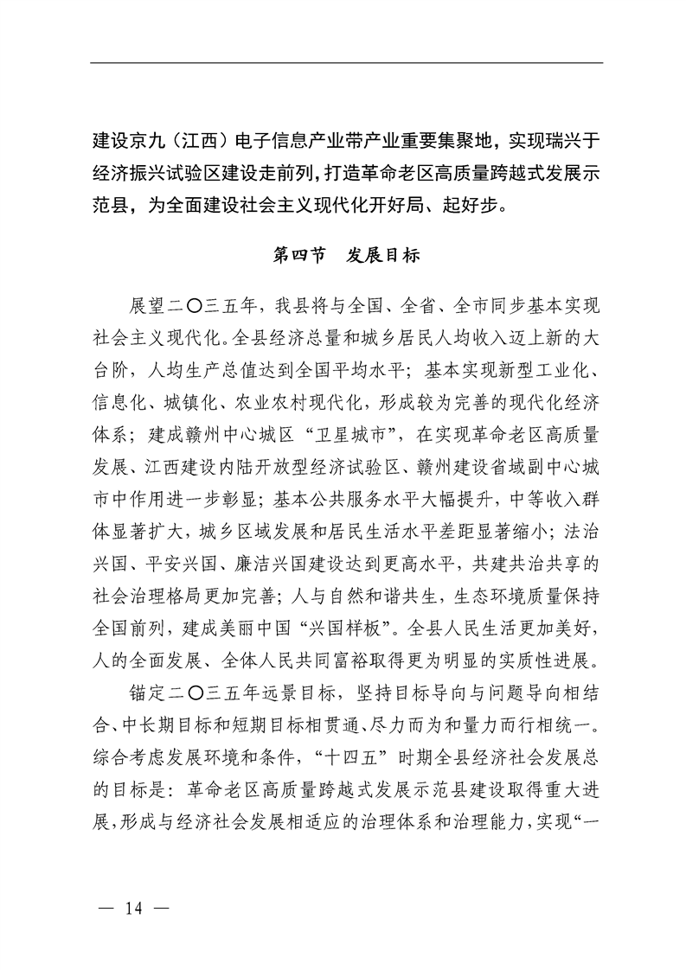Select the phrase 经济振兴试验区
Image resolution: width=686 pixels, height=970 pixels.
[x=164, y=173]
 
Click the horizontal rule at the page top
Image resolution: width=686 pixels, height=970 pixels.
[x=346, y=62]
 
